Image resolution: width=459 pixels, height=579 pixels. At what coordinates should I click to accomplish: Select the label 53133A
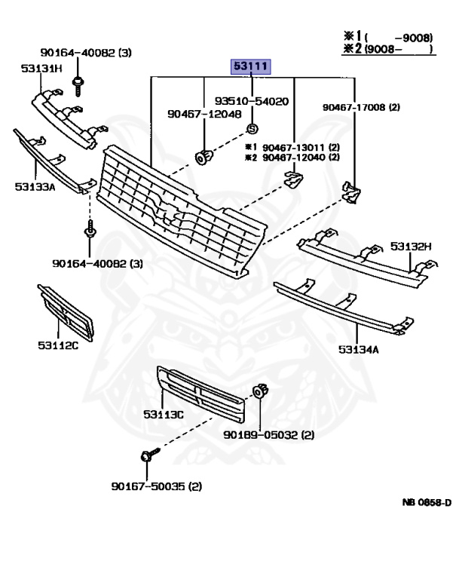coord(35,186)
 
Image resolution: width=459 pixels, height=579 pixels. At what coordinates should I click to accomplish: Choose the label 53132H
coord(412,246)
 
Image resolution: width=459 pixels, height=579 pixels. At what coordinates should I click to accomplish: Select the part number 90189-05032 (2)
coord(268,435)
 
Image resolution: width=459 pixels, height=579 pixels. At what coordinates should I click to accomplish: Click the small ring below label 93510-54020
coord(252,128)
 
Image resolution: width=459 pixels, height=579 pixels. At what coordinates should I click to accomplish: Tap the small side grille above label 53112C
coord(65,312)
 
